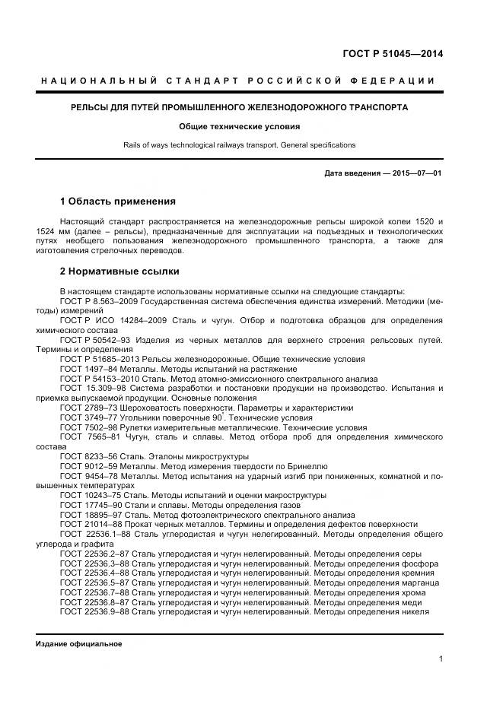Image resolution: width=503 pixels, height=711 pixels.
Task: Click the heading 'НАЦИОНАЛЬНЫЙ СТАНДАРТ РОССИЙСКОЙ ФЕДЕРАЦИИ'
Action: pyautogui.click(x=238, y=81)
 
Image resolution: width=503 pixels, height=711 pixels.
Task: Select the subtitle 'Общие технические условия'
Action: pyautogui.click(x=239, y=126)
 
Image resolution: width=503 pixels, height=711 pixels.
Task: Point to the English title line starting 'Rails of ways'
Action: pyautogui.click(x=239, y=144)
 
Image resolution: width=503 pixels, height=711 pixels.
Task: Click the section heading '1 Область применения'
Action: pyautogui.click(x=117, y=202)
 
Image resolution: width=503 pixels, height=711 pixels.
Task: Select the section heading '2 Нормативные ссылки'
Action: pyautogui.click(x=119, y=271)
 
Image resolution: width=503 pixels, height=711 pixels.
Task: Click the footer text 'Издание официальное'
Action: pyautogui.click(x=78, y=643)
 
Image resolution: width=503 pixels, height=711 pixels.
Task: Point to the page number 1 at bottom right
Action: pyautogui.click(x=441, y=659)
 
